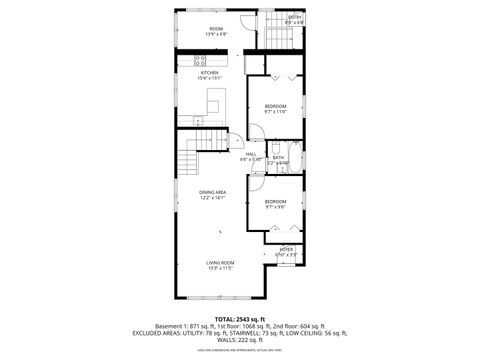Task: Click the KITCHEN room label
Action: [211, 73]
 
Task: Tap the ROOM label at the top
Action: [216, 28]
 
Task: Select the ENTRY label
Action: [295, 17]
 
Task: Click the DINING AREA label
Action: [211, 192]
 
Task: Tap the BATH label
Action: [279, 157]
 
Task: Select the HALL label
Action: [250, 153]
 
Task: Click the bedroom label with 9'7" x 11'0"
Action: [276, 106]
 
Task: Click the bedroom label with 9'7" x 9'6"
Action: [276, 202]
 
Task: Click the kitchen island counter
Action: [213, 101]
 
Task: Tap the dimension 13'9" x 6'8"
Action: [216, 35]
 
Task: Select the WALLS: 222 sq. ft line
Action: [240, 341]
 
